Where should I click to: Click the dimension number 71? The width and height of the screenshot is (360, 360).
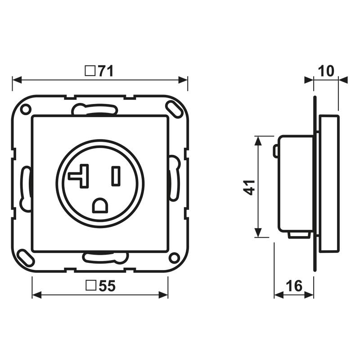tap(106, 71)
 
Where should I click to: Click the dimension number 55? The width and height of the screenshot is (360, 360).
tap(107, 286)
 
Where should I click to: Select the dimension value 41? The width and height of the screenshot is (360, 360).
tap(249, 188)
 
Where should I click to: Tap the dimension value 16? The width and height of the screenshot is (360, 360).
tap(294, 286)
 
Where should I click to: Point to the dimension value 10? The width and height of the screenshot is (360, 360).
tap(326, 71)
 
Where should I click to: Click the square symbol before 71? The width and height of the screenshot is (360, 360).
tap(90, 71)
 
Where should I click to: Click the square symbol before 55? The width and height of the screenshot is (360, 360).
tap(91, 285)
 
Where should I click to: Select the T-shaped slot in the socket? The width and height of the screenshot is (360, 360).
tap(79, 176)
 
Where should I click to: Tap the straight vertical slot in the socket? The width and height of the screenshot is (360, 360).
tap(116, 176)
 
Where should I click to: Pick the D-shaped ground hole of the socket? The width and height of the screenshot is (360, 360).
tap(100, 205)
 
